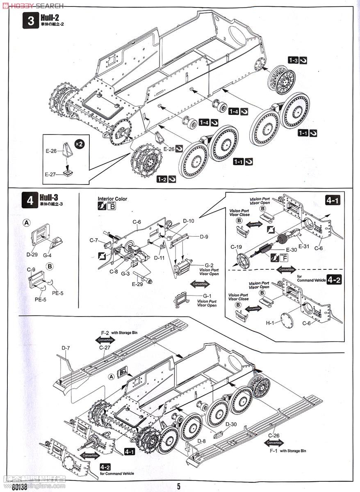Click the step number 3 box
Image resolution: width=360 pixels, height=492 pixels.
(31, 20)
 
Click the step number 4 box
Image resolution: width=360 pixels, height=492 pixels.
(30, 200)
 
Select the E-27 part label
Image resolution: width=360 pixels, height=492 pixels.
(50, 174)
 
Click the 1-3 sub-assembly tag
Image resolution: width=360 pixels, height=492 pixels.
(293, 60)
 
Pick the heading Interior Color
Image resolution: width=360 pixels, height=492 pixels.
(112, 199)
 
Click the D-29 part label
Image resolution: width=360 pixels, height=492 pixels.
(32, 254)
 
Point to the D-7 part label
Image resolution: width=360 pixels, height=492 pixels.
(66, 348)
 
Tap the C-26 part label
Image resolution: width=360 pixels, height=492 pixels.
(274, 435)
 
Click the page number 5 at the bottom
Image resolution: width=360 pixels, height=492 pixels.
(179, 486)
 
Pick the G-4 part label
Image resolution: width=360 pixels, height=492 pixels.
(47, 255)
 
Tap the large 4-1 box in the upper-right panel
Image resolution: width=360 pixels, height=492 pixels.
(333, 200)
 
